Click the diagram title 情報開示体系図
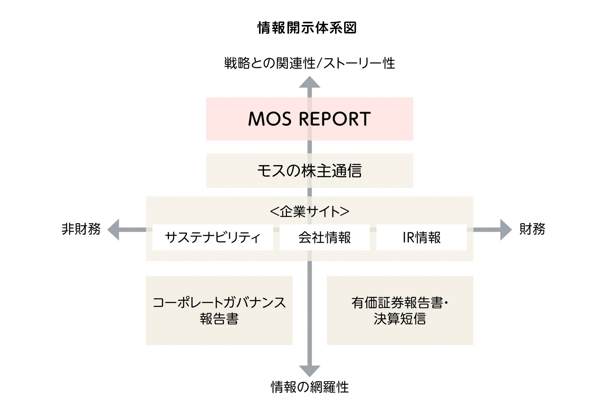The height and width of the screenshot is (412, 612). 307,28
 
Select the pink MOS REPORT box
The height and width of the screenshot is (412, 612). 310,119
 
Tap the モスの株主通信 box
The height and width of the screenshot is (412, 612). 310,170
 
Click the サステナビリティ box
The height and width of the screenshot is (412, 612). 213,237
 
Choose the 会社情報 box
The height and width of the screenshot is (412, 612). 325,237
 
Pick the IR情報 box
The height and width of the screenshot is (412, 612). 422,237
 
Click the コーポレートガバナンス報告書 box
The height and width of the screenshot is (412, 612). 219,310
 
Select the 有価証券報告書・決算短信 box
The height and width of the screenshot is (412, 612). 400,310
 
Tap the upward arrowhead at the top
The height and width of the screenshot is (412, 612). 310,82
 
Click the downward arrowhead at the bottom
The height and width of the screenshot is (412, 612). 310,371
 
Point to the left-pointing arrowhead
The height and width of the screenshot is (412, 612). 113,230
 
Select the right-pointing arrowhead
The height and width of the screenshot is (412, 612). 506,230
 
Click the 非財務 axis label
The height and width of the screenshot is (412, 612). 81,229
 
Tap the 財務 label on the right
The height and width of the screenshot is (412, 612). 532,229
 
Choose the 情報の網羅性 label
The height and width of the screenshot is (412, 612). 310,387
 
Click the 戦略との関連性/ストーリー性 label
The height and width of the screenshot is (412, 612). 310,63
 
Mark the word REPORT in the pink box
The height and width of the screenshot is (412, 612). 335,119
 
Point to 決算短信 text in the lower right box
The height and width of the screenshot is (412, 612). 400,319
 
